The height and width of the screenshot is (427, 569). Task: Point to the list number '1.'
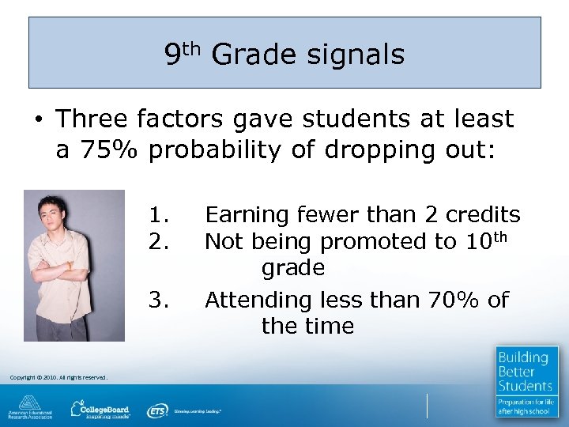pos(160,215)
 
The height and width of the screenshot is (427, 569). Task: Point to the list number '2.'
pos(160,241)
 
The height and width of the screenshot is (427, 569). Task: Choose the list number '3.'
pos(160,300)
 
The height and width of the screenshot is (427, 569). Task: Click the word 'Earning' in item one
pos(247,215)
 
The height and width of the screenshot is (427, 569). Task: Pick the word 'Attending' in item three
pos(258,300)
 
